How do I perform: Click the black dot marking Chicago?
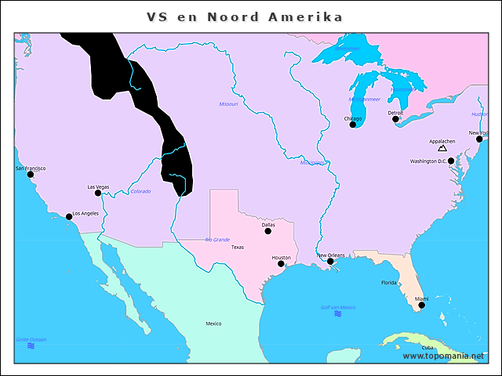tap(352, 125)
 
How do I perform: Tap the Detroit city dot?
tap(395, 119)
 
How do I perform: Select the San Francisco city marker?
tap(31, 175)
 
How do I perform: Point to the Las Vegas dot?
tap(98, 193)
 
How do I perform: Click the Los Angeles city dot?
tap(69, 216)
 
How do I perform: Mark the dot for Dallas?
tap(267, 231)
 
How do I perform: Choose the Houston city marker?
tap(281, 263)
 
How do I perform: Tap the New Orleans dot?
tap(330, 262)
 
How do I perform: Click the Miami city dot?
tap(422, 305)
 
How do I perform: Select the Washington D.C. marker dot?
tap(451, 161)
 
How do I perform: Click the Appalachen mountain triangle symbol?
tap(442, 148)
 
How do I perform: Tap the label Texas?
tap(238, 247)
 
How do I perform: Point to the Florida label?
tap(389, 283)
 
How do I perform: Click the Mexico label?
tap(213, 324)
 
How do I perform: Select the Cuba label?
tap(427, 347)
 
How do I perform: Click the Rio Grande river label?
tap(217, 240)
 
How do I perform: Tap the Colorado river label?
tap(140, 191)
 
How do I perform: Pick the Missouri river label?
tap(228, 103)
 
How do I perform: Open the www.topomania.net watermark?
tap(444, 356)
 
